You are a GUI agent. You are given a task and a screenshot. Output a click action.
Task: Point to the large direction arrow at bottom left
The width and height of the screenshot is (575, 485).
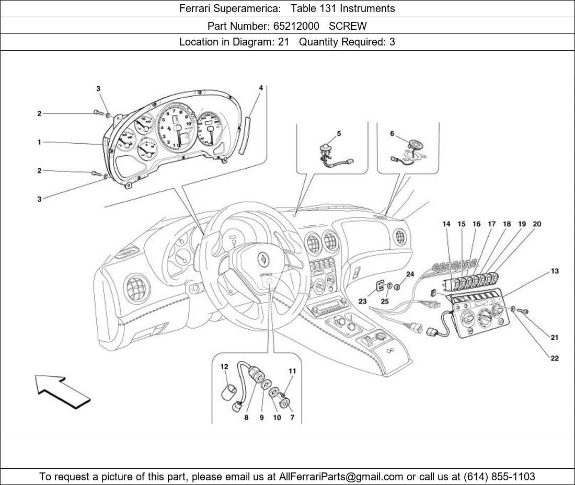[x=63, y=391]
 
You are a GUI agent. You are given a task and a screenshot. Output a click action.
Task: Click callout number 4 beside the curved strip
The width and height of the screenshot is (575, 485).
[x=261, y=88]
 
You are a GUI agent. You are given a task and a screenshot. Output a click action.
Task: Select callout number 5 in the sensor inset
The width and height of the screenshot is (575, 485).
[x=339, y=134]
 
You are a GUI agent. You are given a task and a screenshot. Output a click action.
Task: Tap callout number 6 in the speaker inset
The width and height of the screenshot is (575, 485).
[x=392, y=134]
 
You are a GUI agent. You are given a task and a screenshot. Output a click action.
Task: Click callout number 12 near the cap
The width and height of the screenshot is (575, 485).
[x=224, y=367]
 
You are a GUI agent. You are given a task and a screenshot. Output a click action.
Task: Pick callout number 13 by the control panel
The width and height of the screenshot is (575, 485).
[x=555, y=271]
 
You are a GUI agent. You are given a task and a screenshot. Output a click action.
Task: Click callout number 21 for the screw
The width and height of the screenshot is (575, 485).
[x=555, y=338]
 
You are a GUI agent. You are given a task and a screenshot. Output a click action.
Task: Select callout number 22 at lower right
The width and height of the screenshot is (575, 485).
[x=555, y=359]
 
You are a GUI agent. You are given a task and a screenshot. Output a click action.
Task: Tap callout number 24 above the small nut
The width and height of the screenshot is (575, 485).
[x=410, y=274]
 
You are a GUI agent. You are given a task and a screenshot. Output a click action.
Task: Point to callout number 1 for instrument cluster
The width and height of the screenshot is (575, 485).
[x=39, y=142]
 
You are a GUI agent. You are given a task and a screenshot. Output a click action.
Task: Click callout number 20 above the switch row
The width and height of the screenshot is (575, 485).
[x=537, y=224]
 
